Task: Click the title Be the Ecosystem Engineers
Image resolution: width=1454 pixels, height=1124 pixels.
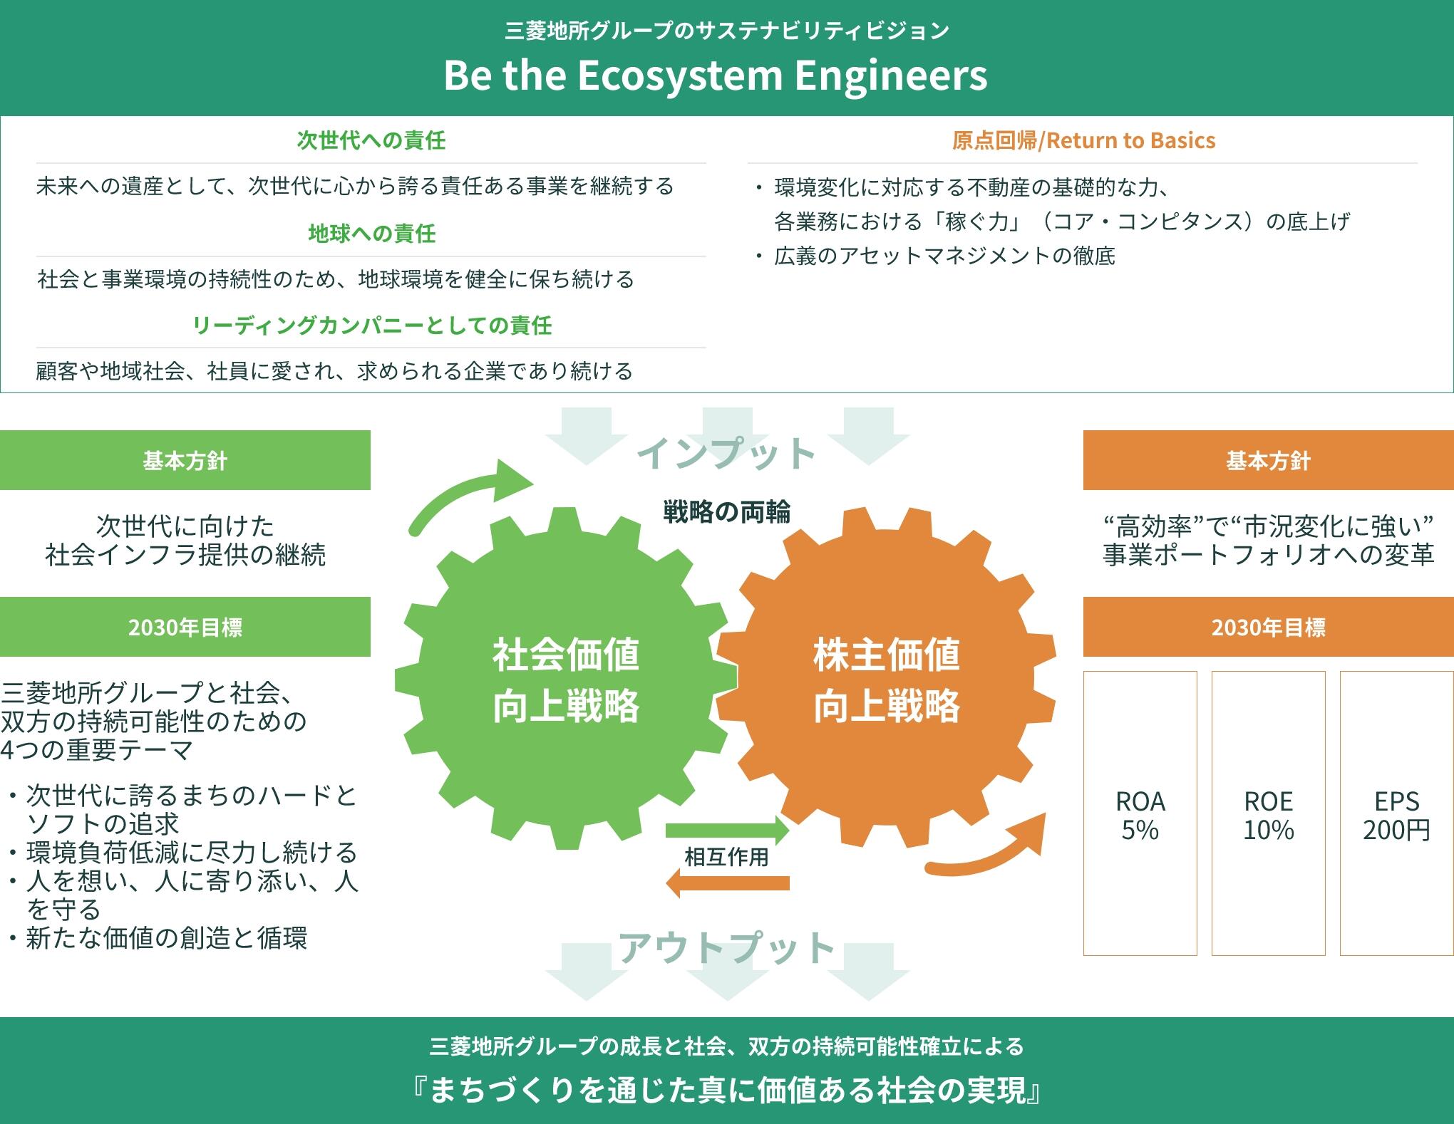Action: pos(715,76)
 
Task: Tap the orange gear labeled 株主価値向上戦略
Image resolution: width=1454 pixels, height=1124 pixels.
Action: pos(887,680)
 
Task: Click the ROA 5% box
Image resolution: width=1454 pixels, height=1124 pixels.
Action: pos(1140,813)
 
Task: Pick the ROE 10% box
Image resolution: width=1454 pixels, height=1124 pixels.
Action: pos(1268,813)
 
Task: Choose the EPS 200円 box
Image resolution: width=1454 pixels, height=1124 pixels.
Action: pos(1396,813)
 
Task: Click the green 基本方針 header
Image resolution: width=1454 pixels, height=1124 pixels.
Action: pos(185,460)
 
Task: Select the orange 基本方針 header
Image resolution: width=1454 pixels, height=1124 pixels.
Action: pos(1268,460)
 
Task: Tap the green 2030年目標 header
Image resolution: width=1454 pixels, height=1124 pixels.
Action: pos(185,627)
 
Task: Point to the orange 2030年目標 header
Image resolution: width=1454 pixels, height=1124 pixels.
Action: pos(1268,627)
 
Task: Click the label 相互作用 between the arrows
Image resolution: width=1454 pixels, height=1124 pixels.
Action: pos(726,856)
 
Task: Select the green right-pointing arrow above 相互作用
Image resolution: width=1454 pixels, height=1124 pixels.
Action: pos(727,830)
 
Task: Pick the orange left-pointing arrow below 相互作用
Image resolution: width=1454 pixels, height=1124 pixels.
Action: pos(727,883)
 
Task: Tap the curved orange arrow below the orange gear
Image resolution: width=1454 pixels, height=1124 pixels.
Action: pos(991,851)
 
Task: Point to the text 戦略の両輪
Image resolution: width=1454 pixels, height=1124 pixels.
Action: pos(726,512)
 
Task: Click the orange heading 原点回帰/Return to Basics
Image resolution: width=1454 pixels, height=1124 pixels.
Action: pos(1083,140)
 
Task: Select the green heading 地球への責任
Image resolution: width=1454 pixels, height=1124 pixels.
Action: pos(371,233)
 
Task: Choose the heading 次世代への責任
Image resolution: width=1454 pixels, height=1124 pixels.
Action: pos(371,140)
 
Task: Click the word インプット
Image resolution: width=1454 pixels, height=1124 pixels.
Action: pos(726,453)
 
